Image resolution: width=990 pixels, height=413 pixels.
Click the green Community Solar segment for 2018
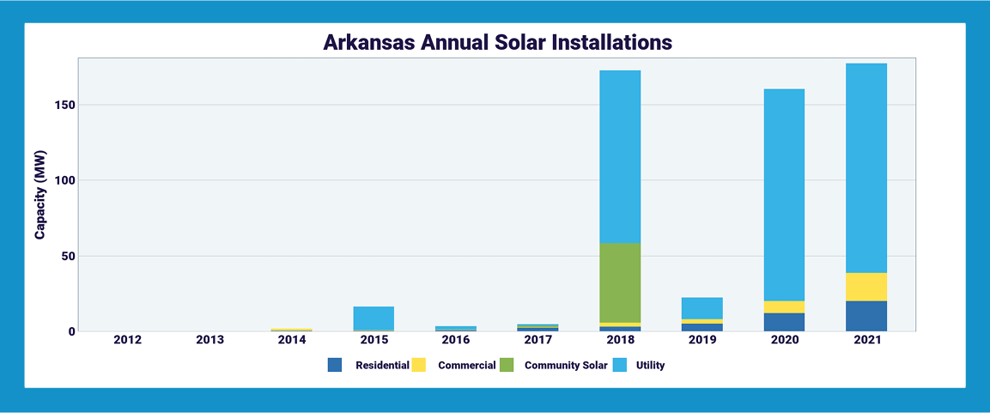pyautogui.click(x=619, y=282)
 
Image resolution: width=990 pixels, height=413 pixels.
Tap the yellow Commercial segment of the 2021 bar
pyautogui.click(x=865, y=287)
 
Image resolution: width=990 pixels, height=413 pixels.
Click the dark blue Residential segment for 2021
pyautogui.click(x=865, y=316)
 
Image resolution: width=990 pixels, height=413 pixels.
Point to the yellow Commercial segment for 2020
pyautogui.click(x=784, y=307)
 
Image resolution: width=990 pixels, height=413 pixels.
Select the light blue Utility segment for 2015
pyautogui.click(x=373, y=318)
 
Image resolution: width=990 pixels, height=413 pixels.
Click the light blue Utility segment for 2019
pyautogui.click(x=702, y=308)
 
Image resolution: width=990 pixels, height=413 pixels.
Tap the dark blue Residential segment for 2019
pyautogui.click(x=702, y=327)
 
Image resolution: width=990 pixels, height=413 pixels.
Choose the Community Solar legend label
pyautogui.click(x=566, y=365)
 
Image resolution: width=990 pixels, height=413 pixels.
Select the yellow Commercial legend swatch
pyautogui.click(x=420, y=365)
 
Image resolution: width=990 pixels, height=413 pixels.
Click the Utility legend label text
pyautogui.click(x=650, y=365)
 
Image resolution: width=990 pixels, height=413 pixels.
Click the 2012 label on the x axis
pyautogui.click(x=127, y=340)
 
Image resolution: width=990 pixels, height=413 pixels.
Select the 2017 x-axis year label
pyautogui.click(x=538, y=340)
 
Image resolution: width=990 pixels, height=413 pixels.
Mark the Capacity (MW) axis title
pyautogui.click(x=40, y=194)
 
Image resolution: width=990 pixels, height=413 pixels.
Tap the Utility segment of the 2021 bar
pyautogui.click(x=865, y=168)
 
